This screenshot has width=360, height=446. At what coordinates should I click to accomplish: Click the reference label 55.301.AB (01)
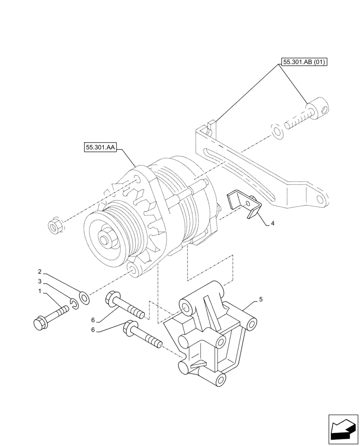tap(304, 62)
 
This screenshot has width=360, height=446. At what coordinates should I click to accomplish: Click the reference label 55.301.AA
tap(99, 147)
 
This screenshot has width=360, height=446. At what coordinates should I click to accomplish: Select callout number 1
tap(40, 291)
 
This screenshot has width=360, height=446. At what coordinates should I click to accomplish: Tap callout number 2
tap(40, 271)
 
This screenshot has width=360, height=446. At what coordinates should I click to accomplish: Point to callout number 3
tap(40, 281)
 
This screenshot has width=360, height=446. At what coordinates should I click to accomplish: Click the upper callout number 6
tap(93, 320)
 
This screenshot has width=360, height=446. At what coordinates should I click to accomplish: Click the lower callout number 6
tap(93, 330)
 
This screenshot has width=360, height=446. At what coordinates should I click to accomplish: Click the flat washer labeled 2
tap(83, 298)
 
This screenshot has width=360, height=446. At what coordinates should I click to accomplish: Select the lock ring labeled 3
tap(74, 305)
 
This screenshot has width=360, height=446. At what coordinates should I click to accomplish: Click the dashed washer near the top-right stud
tap(277, 132)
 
